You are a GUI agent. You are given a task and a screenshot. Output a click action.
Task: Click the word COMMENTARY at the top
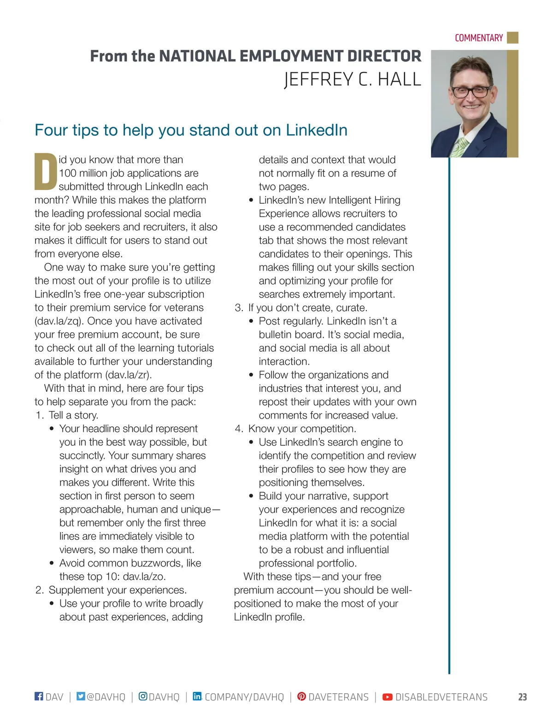478,38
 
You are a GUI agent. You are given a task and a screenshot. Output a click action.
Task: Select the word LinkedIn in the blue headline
316,130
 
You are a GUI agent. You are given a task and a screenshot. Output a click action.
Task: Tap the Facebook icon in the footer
39,696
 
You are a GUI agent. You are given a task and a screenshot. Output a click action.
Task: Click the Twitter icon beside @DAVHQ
81,696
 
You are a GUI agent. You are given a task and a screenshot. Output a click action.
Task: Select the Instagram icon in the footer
143,696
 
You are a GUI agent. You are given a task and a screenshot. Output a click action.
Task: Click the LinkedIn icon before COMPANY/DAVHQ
197,696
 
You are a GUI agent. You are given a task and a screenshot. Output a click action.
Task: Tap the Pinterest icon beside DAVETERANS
301,696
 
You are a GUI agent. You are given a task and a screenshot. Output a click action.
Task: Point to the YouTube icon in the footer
388,696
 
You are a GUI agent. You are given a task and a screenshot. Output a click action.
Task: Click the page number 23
522,697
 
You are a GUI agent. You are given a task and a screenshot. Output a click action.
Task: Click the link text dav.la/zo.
144,577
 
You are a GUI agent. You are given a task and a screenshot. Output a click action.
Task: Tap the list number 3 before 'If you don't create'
238,308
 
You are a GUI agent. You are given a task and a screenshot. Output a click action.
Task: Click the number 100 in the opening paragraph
68,173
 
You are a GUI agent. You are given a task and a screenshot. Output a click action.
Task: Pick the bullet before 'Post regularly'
251,321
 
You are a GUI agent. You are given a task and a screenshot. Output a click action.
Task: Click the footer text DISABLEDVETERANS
441,697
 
